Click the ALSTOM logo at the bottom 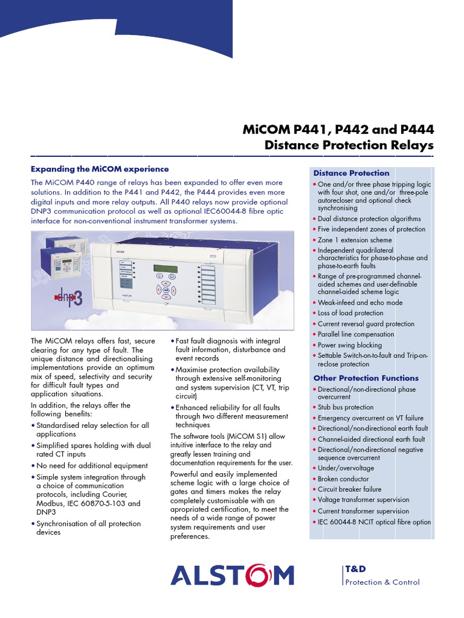[x=232, y=575]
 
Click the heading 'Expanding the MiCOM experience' [x=100, y=169]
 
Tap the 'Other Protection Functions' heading [x=366, y=378]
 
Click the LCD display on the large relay [x=166, y=269]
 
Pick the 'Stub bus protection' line [x=346, y=407]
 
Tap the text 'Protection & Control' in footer [x=382, y=582]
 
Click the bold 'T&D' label [x=355, y=569]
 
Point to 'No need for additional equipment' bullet [x=92, y=466]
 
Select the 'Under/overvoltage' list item [x=346, y=468]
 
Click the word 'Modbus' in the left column [x=50, y=503]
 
